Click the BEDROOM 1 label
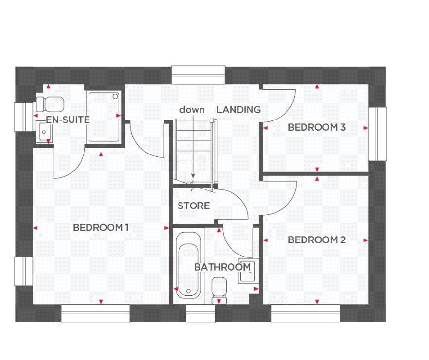click(101, 227)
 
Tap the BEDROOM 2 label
click(317, 240)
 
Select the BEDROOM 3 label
click(317, 127)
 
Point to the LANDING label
click(238, 110)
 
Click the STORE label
click(194, 206)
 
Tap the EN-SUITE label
click(68, 120)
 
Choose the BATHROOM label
click(222, 267)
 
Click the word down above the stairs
click(192, 110)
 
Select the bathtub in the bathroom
click(188, 265)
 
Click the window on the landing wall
click(198, 75)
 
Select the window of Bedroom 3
click(377, 134)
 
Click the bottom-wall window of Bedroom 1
click(95, 313)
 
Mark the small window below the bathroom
click(200, 313)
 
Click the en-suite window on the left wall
click(23, 116)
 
